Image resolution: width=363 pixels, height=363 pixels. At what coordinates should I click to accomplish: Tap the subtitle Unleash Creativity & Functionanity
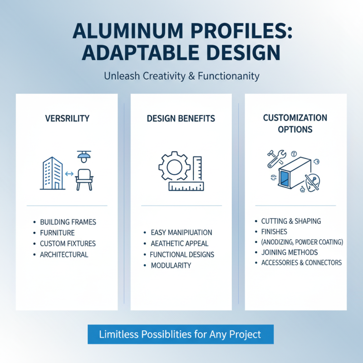pyautogui.click(x=181, y=76)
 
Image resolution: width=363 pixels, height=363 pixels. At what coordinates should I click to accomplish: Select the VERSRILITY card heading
pyautogui.click(x=67, y=118)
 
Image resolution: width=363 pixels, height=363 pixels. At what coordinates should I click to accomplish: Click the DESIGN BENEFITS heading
pyautogui.click(x=181, y=119)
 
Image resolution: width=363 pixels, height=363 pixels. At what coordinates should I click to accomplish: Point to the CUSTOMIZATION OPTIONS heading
pyautogui.click(x=295, y=123)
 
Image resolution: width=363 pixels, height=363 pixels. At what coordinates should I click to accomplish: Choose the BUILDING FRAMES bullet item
pyautogui.click(x=68, y=222)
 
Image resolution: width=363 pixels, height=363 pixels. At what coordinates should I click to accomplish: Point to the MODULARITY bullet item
pyautogui.click(x=171, y=265)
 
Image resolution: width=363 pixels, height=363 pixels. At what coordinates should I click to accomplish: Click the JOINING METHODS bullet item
pyautogui.click(x=289, y=252)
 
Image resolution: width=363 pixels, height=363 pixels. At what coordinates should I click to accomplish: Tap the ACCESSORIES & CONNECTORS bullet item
pyautogui.click(x=301, y=263)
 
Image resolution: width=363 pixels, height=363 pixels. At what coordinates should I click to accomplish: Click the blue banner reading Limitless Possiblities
pyautogui.click(x=180, y=334)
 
